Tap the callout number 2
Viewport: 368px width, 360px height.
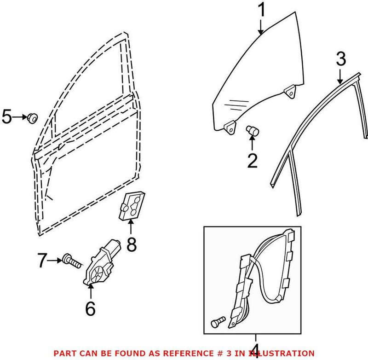253,161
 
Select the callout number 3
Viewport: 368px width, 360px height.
340,58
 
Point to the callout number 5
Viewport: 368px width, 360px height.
7,117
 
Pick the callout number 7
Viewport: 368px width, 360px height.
42,261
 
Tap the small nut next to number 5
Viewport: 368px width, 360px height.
33,117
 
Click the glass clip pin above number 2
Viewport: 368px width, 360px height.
252,130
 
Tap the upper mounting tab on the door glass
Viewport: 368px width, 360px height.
290,91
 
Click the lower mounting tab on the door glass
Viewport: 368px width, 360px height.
229,127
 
